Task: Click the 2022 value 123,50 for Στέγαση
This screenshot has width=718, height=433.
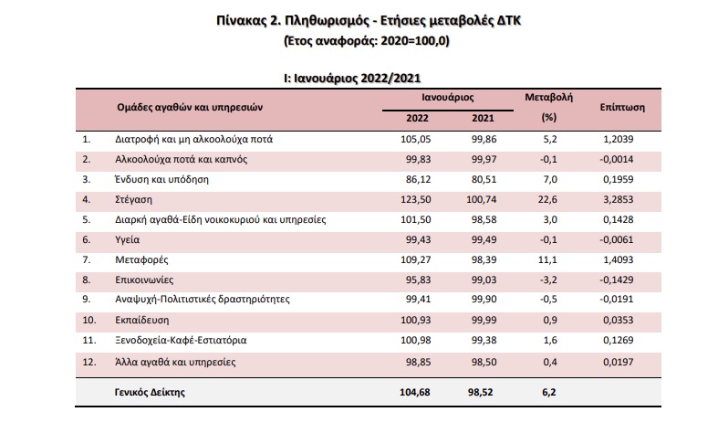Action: click(x=415, y=200)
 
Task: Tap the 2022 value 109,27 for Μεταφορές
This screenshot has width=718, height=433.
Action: click(x=415, y=260)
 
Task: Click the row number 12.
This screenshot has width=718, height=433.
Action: click(x=88, y=361)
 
